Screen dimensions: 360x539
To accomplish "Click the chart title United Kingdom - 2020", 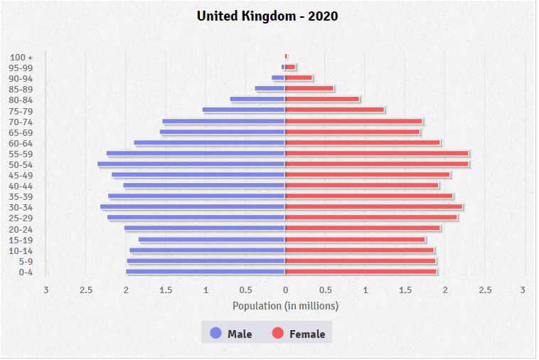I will click(x=267, y=16).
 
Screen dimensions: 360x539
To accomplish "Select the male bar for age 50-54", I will click(x=191, y=164).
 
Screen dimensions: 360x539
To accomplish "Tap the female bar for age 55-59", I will click(x=377, y=154).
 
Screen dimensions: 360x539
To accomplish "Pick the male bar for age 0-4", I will click(x=206, y=272).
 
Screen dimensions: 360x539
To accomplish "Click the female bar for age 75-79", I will click(x=335, y=110).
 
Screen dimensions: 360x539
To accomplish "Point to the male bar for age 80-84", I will click(x=257, y=100).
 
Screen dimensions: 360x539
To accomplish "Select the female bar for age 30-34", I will click(x=374, y=207).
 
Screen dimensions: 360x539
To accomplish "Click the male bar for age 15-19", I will click(x=212, y=240).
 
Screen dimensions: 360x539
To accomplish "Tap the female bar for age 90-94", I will click(x=299, y=78).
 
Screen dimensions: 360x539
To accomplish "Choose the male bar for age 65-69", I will click(x=223, y=132).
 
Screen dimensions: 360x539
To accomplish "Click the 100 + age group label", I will click(x=22, y=57).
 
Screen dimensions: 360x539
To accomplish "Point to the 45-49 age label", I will click(x=21, y=176).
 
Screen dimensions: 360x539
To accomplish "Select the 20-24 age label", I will click(x=21, y=229).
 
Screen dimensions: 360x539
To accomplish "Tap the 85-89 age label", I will click(x=21, y=90).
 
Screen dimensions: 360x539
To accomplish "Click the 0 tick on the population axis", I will click(x=285, y=290).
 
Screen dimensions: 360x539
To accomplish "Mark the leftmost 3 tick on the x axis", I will click(x=46, y=290).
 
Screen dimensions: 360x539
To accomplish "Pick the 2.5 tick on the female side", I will click(x=485, y=290).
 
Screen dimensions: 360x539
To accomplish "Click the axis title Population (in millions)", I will click(x=285, y=306).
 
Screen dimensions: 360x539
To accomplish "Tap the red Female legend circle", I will click(x=278, y=333).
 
